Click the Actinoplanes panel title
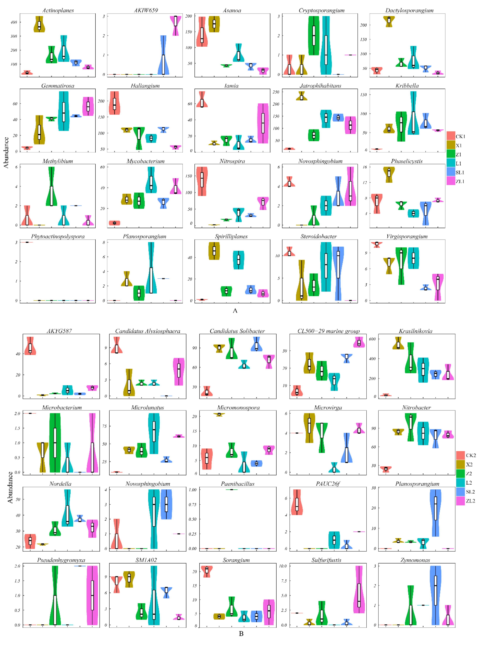click(x=58, y=10)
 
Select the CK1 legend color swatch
click(x=451, y=136)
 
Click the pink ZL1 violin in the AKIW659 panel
click(x=175, y=26)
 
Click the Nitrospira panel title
click(x=232, y=161)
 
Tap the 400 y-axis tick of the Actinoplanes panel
click(x=14, y=22)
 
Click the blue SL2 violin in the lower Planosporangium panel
click(x=435, y=513)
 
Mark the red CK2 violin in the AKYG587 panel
click(x=30, y=347)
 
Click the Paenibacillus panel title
click(x=238, y=484)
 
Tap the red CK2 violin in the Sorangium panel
click(x=207, y=571)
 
